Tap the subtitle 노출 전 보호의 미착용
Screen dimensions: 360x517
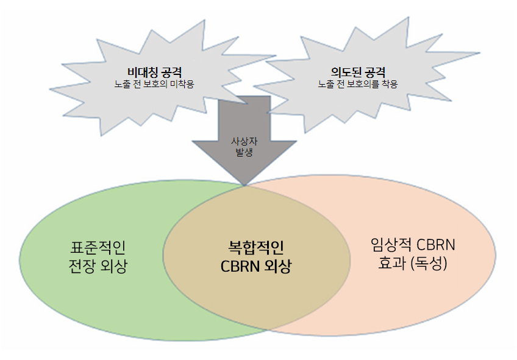click(154, 84)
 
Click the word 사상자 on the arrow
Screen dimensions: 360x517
click(244, 141)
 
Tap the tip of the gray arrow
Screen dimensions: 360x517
click(244, 184)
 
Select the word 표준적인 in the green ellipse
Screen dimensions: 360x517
click(99, 247)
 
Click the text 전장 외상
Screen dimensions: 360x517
click(99, 266)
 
